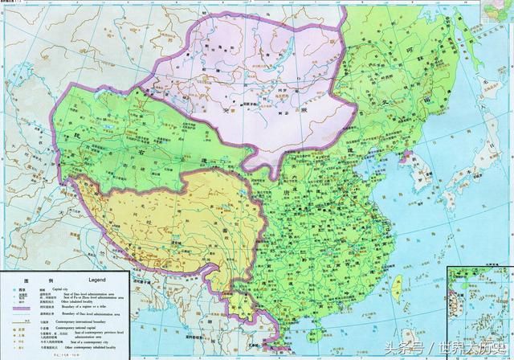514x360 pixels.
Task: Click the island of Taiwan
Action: (398, 288)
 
